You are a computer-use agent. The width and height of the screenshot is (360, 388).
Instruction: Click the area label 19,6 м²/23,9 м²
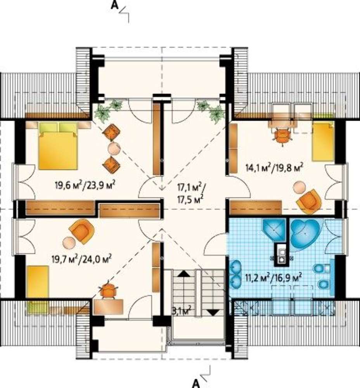click(x=86, y=184)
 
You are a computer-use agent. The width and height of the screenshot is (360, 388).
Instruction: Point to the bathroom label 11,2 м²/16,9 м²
click(x=273, y=278)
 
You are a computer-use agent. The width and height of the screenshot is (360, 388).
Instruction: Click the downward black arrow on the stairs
click(x=213, y=312)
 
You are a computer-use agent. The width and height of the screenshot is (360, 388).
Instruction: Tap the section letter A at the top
click(x=114, y=5)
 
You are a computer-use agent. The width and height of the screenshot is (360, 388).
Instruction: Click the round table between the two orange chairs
click(x=114, y=149)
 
